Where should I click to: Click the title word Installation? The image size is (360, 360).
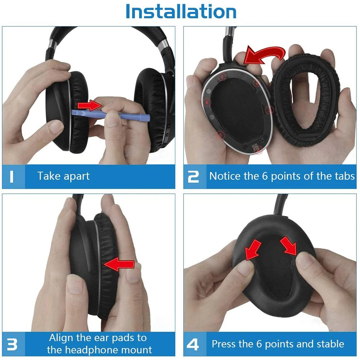(x=181, y=12)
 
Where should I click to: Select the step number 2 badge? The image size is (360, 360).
(x=193, y=176)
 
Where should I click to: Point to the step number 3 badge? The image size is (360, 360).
(x=12, y=344)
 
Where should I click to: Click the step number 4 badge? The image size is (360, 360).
(x=193, y=344)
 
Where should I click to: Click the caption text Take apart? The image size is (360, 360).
(x=63, y=176)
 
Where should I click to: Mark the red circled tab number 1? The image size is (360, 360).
(x=224, y=77)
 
